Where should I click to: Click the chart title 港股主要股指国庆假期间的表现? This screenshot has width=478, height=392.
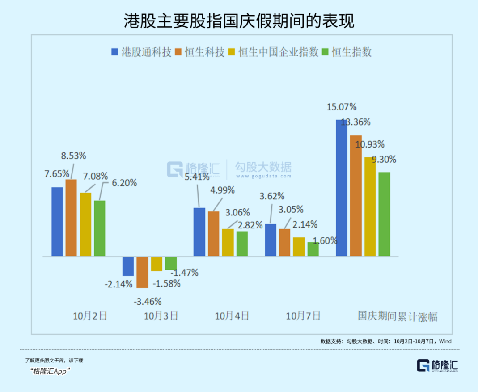(x=239, y=21)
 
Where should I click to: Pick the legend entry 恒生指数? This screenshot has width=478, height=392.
(x=351, y=52)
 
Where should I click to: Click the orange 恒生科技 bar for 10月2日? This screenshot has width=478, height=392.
(x=71, y=218)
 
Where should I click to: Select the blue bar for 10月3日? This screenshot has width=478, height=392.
(x=128, y=266)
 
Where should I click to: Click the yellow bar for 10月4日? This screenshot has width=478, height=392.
(x=228, y=242)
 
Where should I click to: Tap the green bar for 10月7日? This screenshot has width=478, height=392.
(x=313, y=249)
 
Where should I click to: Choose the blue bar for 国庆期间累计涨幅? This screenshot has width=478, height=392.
(x=342, y=188)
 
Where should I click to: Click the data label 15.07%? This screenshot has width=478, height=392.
(x=342, y=107)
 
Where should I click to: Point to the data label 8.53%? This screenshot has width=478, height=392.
(x=73, y=156)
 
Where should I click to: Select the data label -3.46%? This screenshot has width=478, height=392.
(x=147, y=301)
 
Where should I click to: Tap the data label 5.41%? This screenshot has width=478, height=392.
(x=197, y=177)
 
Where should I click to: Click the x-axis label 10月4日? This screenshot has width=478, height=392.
(x=232, y=316)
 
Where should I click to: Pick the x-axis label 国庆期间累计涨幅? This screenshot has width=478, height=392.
(x=397, y=316)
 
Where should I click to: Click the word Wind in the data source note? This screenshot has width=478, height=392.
(x=445, y=341)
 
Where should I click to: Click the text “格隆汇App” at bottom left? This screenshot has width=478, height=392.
(x=51, y=371)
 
